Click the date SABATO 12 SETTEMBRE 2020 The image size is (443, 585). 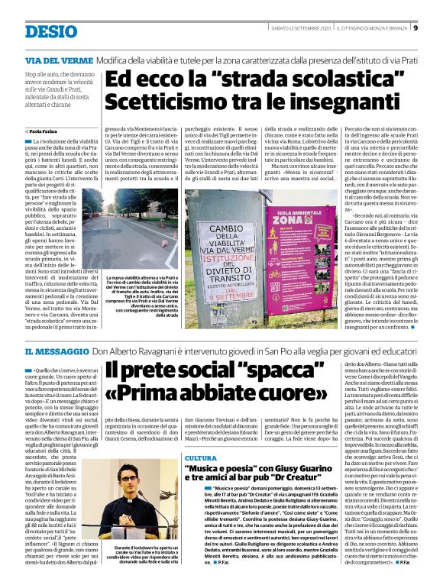pos(302,28)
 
